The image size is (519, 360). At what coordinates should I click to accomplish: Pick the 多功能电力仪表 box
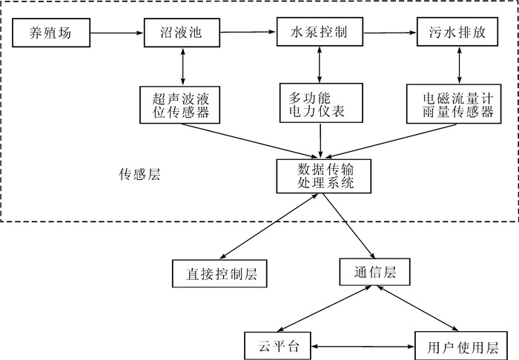pyautogui.click(x=320, y=104)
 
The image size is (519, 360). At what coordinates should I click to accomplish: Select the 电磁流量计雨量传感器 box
pyautogui.click(x=455, y=104)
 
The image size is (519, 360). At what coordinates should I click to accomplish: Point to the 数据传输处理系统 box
pyautogui.click(x=320, y=176)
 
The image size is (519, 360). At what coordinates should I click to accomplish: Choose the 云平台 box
pyautogui.click(x=277, y=346)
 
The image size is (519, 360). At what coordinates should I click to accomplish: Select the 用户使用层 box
pyautogui.click(x=456, y=346)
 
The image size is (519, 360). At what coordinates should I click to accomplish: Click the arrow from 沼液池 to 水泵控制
pyautogui.click(x=249, y=32)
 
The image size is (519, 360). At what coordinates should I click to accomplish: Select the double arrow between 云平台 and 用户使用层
pyautogui.click(x=360, y=346)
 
